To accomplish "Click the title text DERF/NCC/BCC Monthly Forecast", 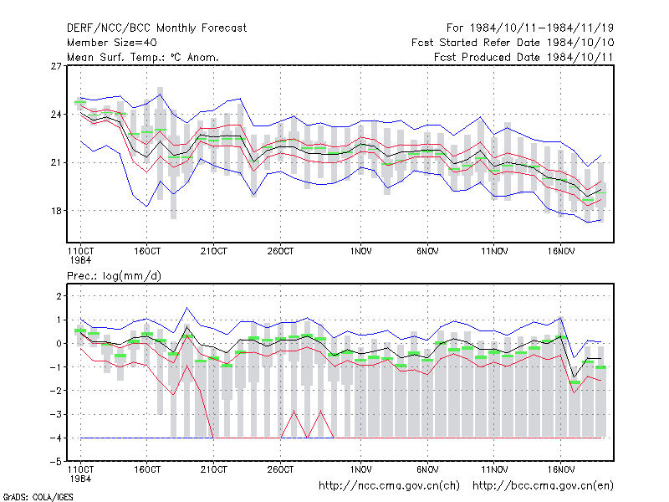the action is [x=156, y=28].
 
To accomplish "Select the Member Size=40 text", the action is [x=112, y=43].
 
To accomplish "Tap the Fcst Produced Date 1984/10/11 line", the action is [x=523, y=57].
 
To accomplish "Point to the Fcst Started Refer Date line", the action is [x=513, y=43].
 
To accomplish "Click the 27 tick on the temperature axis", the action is [x=56, y=66].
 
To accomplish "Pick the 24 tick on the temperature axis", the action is [x=56, y=115].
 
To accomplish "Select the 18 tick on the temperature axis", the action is [x=56, y=211].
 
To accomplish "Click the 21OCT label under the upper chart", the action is [x=214, y=252].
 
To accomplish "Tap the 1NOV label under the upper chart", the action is [x=361, y=252].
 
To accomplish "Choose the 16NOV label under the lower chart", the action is [x=561, y=469].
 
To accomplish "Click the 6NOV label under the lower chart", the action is [x=427, y=469].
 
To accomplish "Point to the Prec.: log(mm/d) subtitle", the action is [x=114, y=276].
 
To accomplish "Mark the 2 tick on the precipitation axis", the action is [x=59, y=296].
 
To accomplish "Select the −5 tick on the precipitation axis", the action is [x=56, y=462].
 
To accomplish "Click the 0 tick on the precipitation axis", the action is [x=59, y=344].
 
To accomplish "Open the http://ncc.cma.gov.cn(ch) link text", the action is [x=390, y=486].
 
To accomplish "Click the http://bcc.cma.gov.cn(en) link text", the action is [x=543, y=486].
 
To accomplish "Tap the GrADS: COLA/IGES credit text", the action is [x=38, y=497].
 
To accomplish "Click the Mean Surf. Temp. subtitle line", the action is [x=143, y=57].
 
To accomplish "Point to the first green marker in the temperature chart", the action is [x=80, y=102].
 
